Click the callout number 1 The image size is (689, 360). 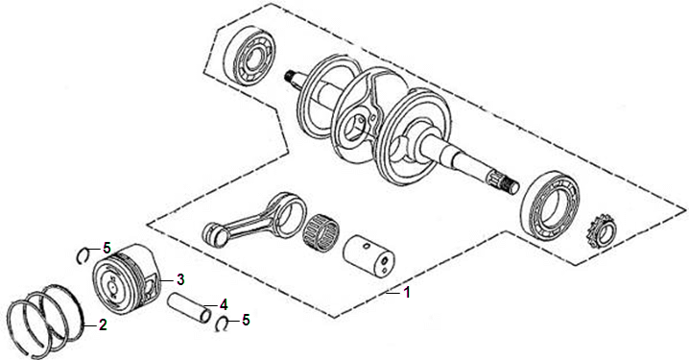407,292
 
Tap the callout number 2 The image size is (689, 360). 103,324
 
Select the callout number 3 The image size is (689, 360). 180,279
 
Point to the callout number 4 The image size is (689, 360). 224,303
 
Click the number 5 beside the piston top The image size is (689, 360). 107,248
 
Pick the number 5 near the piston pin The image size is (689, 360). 246,320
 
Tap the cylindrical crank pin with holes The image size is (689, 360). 368,257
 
